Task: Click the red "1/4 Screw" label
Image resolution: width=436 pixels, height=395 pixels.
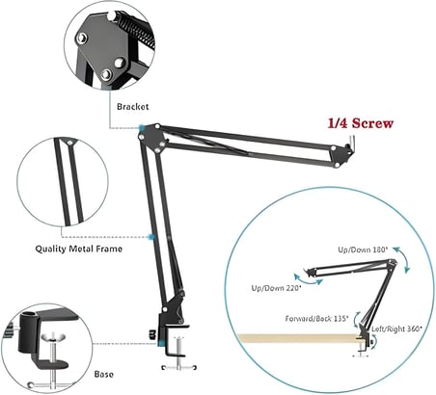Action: pos(361,123)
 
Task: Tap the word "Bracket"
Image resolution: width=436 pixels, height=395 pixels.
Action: pos(133,106)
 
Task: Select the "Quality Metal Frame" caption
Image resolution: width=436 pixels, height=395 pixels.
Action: pos(79,249)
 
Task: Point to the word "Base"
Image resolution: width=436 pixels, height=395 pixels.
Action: pos(104,374)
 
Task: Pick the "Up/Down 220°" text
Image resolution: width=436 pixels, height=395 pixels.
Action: pos(276,288)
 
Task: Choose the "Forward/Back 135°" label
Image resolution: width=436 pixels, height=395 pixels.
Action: pos(316,319)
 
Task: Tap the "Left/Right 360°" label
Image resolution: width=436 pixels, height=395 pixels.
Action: pos(396,329)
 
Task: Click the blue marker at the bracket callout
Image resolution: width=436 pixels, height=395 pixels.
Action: pos(142,128)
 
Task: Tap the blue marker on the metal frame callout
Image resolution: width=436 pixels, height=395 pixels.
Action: pos(151,237)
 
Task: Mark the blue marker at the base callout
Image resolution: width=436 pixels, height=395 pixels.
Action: pos(162,343)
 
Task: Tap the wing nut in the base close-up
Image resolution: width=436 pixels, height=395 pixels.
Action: pos(53,337)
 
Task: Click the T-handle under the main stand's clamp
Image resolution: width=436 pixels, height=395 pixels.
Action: pos(178,367)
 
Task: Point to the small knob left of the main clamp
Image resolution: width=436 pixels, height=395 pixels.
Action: pos(152,334)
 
